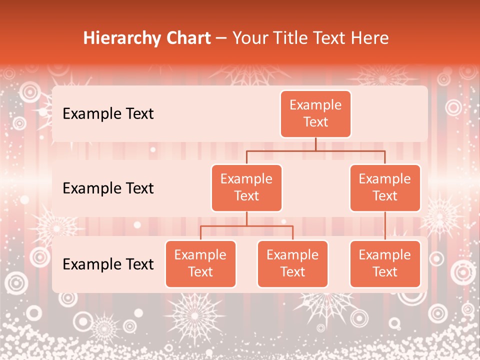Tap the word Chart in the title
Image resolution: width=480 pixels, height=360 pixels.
(188, 38)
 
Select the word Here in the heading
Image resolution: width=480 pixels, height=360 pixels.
(369, 38)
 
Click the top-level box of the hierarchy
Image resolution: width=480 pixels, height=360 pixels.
(315, 114)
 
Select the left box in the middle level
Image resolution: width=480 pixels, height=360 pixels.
(246, 187)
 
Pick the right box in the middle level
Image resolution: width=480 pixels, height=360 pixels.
(385, 187)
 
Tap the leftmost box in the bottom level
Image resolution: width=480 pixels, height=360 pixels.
(200, 263)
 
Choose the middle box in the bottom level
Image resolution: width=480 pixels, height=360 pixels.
(292, 263)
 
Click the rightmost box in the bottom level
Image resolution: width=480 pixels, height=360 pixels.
(385, 263)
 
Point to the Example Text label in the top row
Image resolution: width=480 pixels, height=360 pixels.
(108, 114)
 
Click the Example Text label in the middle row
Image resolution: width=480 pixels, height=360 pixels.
(108, 188)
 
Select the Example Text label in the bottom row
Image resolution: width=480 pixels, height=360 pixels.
(108, 264)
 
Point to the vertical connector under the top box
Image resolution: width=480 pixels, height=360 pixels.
(315, 144)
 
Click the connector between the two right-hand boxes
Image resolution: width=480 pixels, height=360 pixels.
(385, 225)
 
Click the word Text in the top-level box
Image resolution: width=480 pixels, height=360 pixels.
(315, 122)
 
